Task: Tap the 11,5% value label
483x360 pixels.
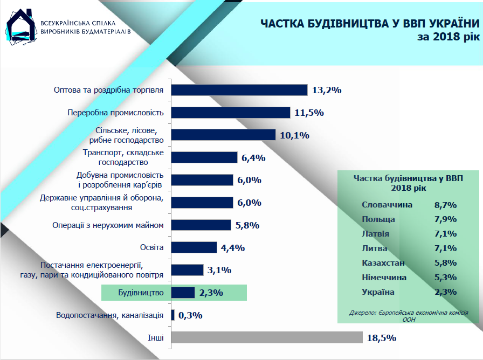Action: click(308, 113)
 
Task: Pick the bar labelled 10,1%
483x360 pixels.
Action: click(223, 135)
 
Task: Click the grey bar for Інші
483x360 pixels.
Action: click(267, 337)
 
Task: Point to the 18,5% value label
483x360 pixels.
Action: click(382, 338)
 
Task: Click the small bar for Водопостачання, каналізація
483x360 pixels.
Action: click(172, 315)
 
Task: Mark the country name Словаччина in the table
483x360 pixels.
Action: click(387, 205)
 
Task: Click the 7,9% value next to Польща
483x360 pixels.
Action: click(445, 220)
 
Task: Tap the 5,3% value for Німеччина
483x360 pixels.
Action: click(445, 278)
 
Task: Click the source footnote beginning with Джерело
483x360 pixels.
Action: click(408, 315)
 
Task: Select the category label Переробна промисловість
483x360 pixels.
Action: click(115, 113)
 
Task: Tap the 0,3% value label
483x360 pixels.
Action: click(190, 315)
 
